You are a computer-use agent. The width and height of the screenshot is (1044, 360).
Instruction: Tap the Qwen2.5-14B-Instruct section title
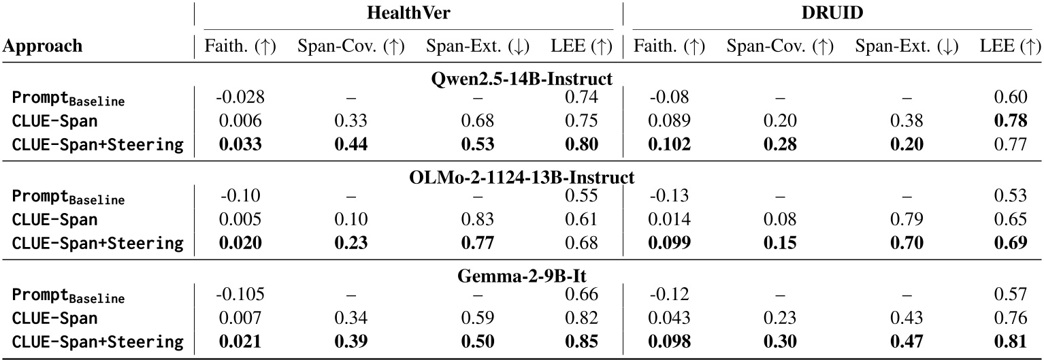[522, 79]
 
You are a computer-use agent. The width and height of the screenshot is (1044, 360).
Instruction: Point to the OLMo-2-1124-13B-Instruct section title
[522, 178]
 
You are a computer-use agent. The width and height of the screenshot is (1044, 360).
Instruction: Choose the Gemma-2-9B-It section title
[522, 277]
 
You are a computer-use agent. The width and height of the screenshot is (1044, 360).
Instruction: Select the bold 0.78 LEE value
[1011, 121]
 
